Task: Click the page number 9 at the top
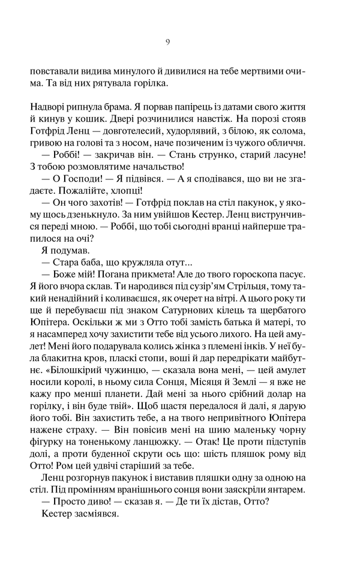click(168, 42)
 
